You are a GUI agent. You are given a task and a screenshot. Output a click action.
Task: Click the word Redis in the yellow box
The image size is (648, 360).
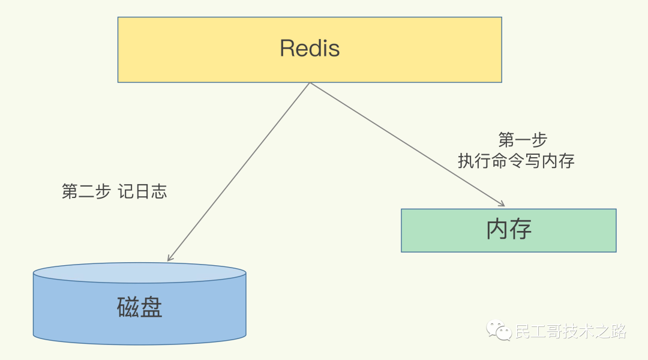[x=310, y=49]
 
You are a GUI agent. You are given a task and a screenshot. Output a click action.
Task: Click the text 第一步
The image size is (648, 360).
[x=523, y=140]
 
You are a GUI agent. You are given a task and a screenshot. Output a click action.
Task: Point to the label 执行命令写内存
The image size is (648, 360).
[x=517, y=161]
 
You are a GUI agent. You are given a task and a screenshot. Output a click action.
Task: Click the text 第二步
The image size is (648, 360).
[x=86, y=191]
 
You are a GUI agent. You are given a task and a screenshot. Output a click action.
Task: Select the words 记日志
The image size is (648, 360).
[x=142, y=191]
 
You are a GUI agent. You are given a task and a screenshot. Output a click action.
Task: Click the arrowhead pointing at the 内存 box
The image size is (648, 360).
[x=501, y=203]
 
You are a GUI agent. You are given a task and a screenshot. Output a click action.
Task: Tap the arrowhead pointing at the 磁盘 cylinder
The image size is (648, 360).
[x=170, y=258]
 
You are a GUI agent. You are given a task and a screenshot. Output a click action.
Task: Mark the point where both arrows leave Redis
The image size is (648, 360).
[x=310, y=83]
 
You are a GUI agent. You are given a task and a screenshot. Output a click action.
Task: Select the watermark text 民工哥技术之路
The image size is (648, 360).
[x=571, y=331]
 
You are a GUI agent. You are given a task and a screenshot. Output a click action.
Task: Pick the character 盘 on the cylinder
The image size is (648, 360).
[x=151, y=307]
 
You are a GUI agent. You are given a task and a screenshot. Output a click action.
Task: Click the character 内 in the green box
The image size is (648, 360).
[x=497, y=230]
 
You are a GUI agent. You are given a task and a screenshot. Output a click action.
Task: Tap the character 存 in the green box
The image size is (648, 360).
[x=520, y=230]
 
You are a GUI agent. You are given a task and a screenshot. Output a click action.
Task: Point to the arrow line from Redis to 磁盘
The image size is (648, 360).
[x=240, y=171]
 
